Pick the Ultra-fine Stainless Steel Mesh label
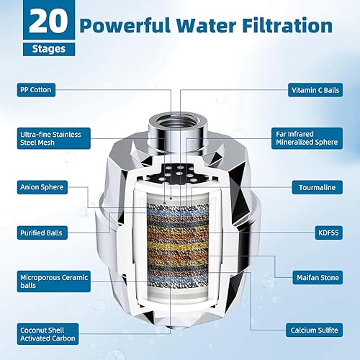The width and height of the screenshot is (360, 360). pos(50,138)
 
